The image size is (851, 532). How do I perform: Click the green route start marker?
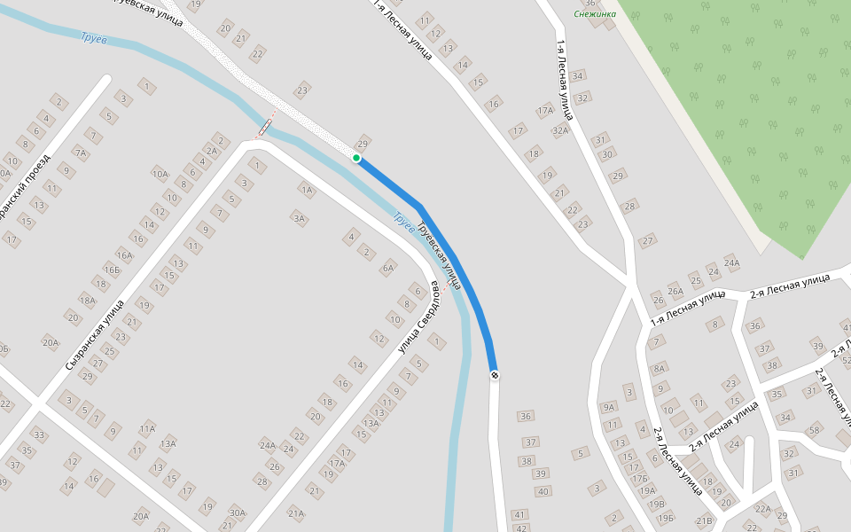tap(356, 158)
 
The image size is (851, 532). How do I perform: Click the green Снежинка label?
tap(595, 13)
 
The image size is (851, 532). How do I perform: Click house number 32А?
tap(560, 130)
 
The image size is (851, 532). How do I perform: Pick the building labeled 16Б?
tap(112, 270)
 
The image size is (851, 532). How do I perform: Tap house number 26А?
tap(675, 291)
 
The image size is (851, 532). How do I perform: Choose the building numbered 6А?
tap(387, 268)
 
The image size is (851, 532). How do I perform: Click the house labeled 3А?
tap(299, 217)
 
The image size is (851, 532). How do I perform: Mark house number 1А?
tap(307, 190)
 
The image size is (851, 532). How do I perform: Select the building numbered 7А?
tap(81, 153)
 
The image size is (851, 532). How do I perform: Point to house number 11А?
tap(147, 429)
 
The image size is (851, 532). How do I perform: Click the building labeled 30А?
tap(237, 512)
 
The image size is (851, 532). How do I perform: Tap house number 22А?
tap(762, 509)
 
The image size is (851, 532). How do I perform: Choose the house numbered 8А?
tap(659, 368)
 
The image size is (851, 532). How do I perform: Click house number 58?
tap(815, 431)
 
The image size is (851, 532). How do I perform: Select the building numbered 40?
tap(543, 491)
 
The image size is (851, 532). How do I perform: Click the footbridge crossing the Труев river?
tap(266, 127)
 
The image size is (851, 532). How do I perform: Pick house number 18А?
tap(87, 300)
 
